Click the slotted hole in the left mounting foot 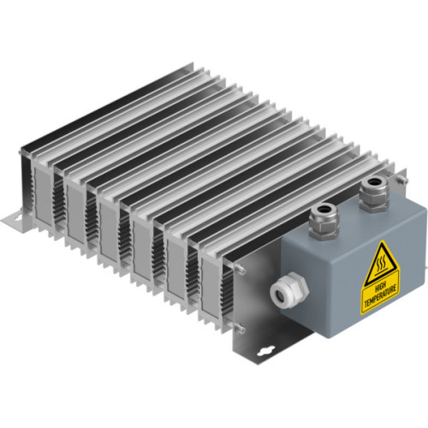pos(14,221)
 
